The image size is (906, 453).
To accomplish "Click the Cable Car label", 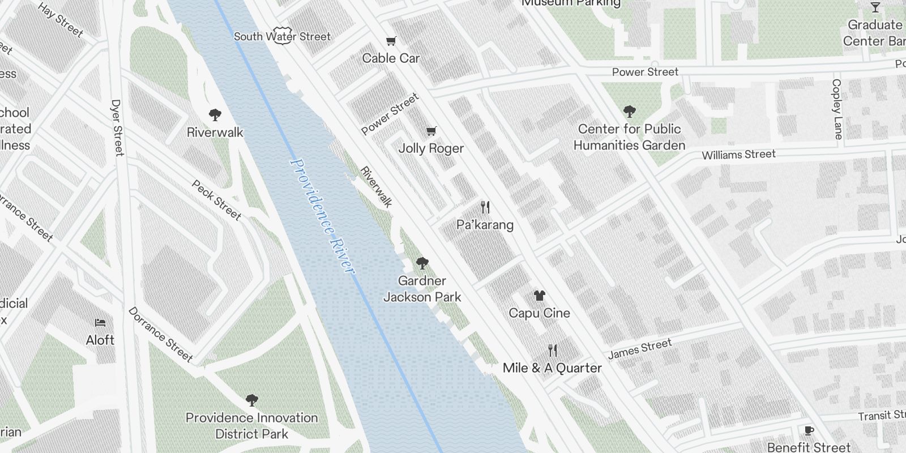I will (x=391, y=58).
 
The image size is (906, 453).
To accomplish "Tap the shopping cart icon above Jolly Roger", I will (x=431, y=131).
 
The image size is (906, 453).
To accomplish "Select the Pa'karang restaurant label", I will (x=485, y=225).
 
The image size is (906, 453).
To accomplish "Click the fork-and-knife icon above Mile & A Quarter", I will (x=553, y=351).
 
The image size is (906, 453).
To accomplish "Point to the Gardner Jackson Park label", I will (x=422, y=289).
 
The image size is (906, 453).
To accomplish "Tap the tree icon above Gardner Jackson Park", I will (x=422, y=263).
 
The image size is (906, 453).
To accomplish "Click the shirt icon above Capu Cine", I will (x=540, y=296).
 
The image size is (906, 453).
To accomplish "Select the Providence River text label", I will (x=322, y=215).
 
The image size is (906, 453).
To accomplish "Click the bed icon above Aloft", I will (x=100, y=323).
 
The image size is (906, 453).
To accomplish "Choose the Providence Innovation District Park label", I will (x=251, y=426).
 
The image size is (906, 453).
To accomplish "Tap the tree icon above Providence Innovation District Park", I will (x=252, y=401).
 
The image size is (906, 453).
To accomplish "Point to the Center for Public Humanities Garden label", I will (x=629, y=137).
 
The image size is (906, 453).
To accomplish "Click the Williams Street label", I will (x=738, y=155).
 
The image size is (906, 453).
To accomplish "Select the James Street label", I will (x=639, y=349).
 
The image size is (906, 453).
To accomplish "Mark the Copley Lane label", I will (x=837, y=109).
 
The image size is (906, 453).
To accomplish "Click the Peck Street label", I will (x=216, y=200).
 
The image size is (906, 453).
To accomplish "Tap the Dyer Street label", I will (x=117, y=127).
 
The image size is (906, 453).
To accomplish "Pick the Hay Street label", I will (x=61, y=19).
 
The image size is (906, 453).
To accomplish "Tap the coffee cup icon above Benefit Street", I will (x=809, y=431).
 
